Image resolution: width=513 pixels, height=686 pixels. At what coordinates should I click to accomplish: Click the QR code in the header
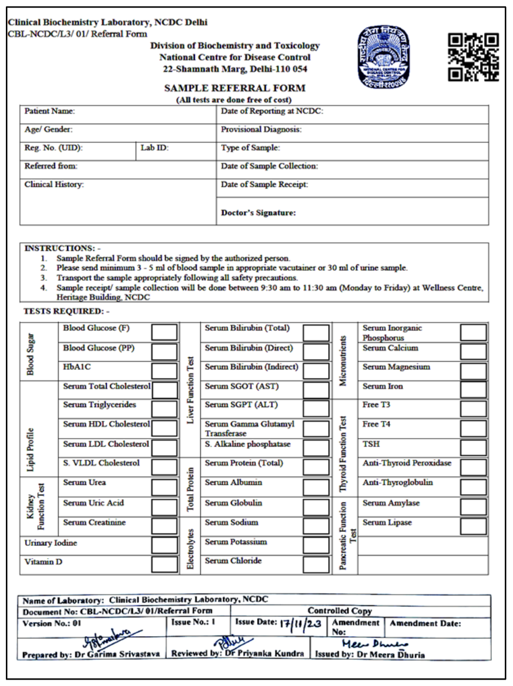[473, 57]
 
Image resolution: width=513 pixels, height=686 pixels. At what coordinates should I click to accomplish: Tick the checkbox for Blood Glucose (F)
[164, 333]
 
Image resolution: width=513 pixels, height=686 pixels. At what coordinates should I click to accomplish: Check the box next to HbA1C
[164, 371]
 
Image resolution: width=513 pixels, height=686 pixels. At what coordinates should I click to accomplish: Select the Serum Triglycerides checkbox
[164, 409]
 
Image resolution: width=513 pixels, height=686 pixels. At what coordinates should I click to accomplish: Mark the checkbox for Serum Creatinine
[164, 526]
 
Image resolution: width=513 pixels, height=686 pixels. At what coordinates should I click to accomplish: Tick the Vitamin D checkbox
[164, 564]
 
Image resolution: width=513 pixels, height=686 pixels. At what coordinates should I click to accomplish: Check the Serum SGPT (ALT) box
[316, 409]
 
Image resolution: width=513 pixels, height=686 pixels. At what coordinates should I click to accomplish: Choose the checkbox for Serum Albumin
[316, 487]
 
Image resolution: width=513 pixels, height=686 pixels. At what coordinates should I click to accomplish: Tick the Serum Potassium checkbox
[316, 545]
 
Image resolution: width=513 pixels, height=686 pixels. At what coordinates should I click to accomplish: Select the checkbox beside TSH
[473, 448]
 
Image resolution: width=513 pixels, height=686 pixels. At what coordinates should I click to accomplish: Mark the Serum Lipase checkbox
[473, 526]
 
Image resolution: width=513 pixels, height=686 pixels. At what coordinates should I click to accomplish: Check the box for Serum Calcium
[473, 352]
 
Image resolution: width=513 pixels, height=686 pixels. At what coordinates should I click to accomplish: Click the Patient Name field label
[50, 111]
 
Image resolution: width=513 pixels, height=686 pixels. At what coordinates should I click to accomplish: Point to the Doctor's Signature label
[258, 213]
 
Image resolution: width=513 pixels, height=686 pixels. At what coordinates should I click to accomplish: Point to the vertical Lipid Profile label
[31, 449]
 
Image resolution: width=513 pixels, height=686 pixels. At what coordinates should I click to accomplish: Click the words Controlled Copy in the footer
[340, 611]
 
